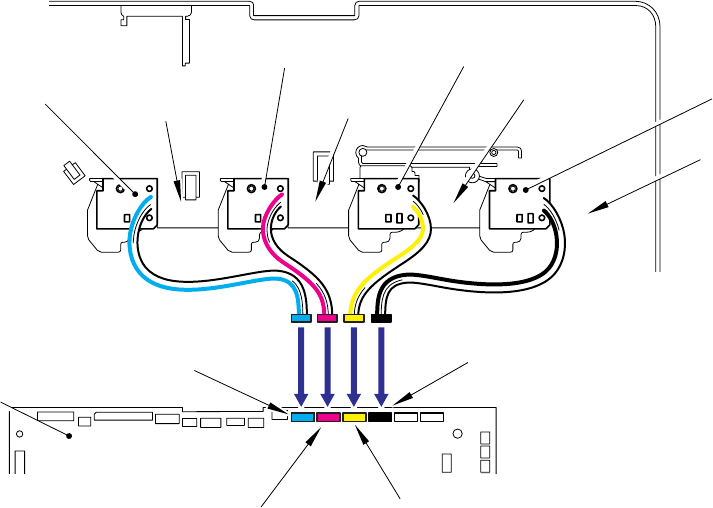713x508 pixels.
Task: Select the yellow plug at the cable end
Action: pos(353,319)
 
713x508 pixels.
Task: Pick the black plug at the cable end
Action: pos(380,319)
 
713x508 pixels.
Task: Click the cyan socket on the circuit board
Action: pos(302,417)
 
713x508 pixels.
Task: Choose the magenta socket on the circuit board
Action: pos(328,417)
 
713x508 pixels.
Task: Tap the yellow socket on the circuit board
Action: pos(354,417)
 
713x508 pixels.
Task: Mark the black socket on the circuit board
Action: pos(380,417)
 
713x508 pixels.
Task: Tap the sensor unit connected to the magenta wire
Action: pos(255,205)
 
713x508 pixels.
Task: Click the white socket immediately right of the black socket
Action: pos(406,417)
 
